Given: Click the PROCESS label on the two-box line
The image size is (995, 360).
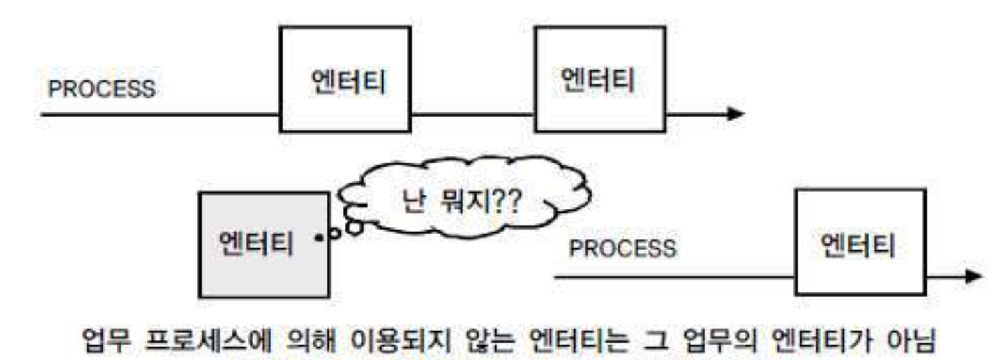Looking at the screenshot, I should point(102,89).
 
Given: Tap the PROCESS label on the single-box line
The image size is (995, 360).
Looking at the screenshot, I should point(622,248).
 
